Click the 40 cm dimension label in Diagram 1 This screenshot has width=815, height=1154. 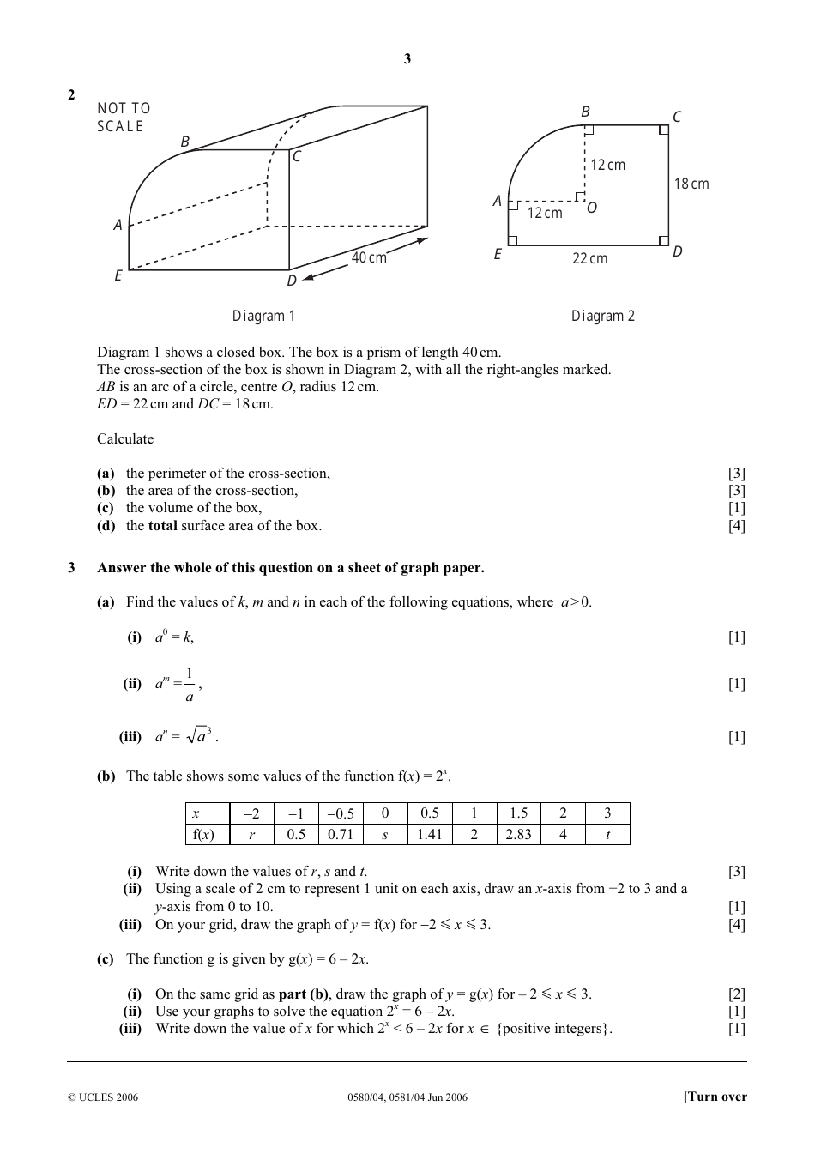click(369, 257)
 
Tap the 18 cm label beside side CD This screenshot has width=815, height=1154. click(691, 184)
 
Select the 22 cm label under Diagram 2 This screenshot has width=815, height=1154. click(589, 258)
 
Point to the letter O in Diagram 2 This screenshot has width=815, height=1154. click(591, 208)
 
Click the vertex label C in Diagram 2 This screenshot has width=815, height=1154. click(677, 117)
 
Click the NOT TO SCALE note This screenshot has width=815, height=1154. click(124, 118)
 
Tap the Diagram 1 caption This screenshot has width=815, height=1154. click(263, 316)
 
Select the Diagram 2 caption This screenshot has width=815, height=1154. click(603, 316)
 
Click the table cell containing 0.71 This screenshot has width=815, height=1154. click(341, 834)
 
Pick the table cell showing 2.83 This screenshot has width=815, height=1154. click(518, 834)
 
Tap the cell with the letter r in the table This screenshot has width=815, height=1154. click(251, 834)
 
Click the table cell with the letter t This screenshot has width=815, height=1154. click(607, 834)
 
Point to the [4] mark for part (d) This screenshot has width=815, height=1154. click(736, 526)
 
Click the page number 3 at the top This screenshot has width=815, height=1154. click(407, 59)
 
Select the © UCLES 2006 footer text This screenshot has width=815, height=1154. click(102, 1097)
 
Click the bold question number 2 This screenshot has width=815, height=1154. click(71, 94)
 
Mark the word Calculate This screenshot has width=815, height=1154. click(125, 439)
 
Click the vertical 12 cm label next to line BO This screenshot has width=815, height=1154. click(607, 165)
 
